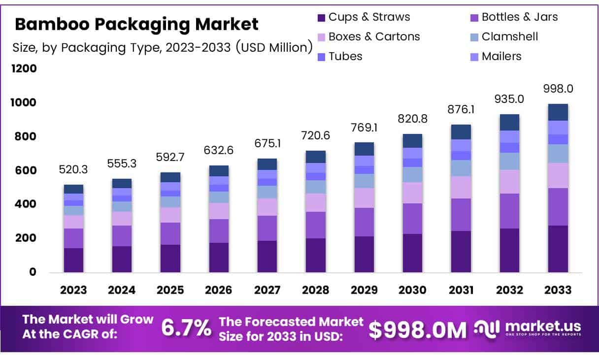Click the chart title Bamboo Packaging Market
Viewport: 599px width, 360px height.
136,24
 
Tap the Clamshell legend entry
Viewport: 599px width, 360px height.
509,36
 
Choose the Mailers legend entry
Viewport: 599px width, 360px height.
501,56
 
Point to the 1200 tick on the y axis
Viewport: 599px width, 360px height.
24,68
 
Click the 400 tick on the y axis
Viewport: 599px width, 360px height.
24,204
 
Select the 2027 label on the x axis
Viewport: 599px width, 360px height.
267,290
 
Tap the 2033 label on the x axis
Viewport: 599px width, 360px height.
558,290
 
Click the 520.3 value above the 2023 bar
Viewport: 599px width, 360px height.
73,170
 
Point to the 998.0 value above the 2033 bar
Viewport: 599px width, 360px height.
558,89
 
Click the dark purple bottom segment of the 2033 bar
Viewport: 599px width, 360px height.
558,249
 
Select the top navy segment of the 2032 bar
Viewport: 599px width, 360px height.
510,123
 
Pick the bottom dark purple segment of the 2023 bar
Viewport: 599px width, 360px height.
73,260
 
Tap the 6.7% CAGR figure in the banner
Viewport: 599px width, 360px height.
186,328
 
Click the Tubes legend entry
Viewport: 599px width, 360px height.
345,56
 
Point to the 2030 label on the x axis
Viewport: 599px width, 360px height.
412,290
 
